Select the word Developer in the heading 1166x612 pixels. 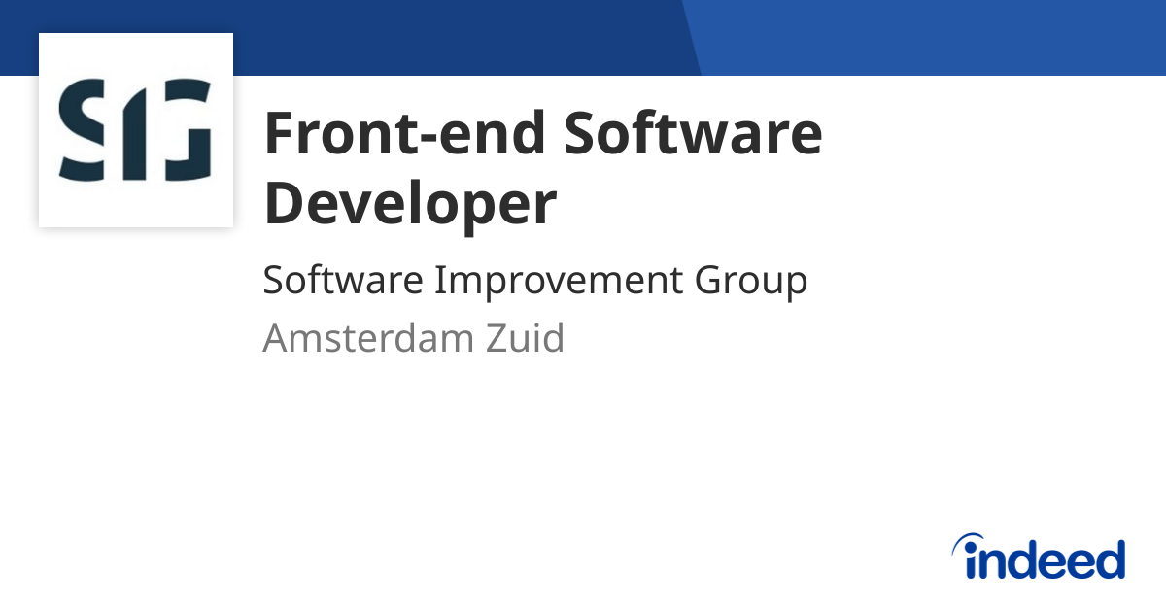(410, 205)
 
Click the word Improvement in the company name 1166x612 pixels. (557, 281)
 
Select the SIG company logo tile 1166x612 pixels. (136, 130)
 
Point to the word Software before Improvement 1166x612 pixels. (343, 281)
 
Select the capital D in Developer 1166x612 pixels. (283, 205)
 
